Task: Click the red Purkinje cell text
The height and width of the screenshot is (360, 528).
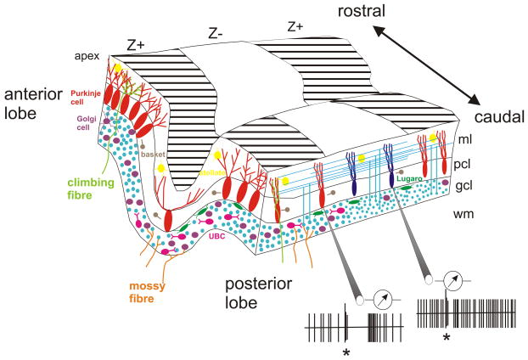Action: click(x=86, y=97)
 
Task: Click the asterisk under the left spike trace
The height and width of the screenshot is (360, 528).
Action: click(x=345, y=350)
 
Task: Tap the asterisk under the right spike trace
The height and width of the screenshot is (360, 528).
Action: click(x=445, y=337)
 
